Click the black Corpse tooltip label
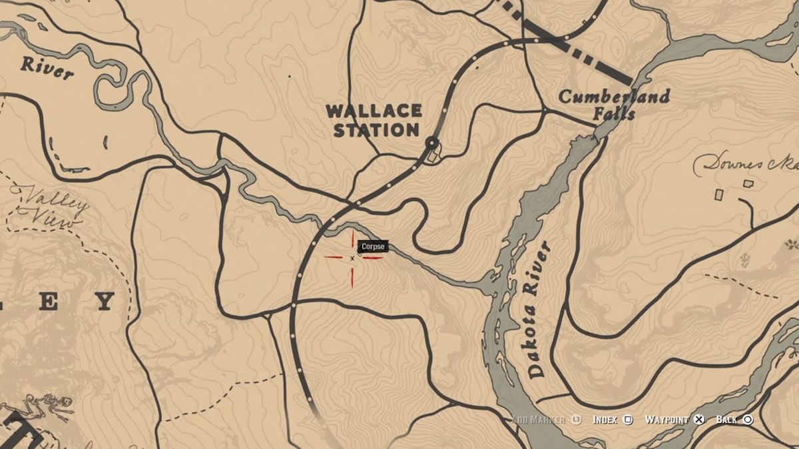pos(373,246)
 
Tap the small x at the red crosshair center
pos(352,258)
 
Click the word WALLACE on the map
pos(374,111)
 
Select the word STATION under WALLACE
pos(376,130)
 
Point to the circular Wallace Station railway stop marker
pos(432,143)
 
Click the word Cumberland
pos(614,97)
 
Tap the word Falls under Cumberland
pos(615,113)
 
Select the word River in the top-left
pos(46,67)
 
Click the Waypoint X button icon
pos(698,420)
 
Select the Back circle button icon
pos(748,420)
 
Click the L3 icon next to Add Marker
pos(577,420)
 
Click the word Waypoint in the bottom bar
pos(666,420)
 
